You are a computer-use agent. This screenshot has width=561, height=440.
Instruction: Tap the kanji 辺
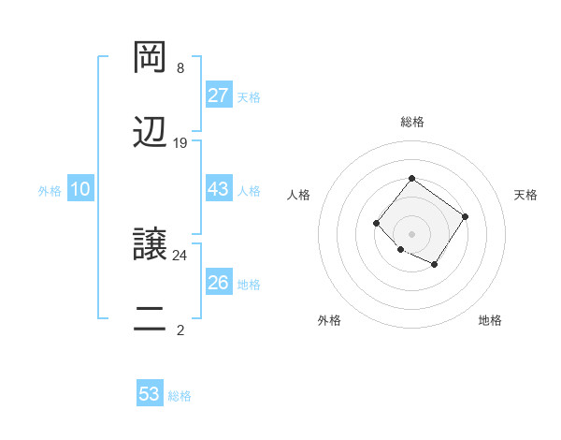[x=150, y=133]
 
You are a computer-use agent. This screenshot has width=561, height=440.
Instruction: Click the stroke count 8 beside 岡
[x=180, y=67]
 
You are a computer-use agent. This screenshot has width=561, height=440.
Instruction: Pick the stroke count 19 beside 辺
[x=180, y=143]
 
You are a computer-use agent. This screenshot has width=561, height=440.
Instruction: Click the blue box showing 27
[x=218, y=95]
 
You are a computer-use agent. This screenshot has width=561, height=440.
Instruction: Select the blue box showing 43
[x=218, y=189]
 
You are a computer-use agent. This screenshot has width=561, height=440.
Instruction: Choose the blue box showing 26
[x=218, y=283]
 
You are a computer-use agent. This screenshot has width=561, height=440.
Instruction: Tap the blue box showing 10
[x=80, y=189]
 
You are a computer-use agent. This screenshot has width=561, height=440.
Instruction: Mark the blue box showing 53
[x=150, y=394]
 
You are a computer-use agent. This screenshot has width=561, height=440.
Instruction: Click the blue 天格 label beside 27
[x=249, y=97]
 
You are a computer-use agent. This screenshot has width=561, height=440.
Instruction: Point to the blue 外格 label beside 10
[x=50, y=191]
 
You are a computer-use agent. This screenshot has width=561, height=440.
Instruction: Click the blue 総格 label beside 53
[x=180, y=396]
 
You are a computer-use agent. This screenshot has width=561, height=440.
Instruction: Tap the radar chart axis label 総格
[x=411, y=122]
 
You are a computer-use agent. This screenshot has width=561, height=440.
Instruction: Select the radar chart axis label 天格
[x=525, y=195]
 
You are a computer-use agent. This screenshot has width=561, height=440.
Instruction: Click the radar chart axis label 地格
[x=490, y=320]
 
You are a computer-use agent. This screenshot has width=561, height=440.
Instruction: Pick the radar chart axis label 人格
[x=299, y=195]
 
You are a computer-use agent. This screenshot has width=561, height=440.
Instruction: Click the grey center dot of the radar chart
[x=411, y=233]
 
